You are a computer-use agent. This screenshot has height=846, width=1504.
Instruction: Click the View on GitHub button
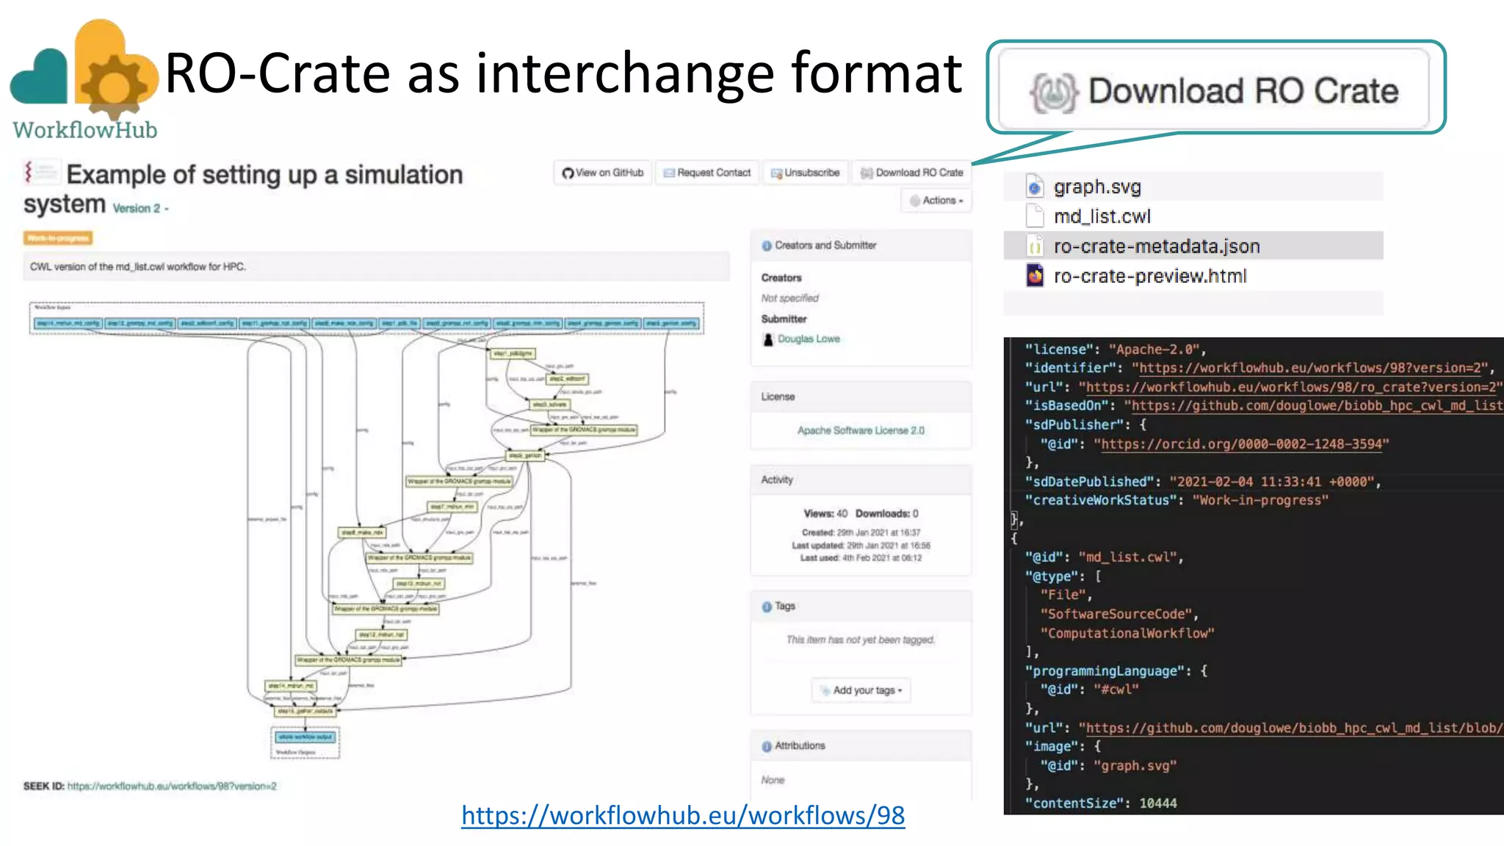tap(603, 173)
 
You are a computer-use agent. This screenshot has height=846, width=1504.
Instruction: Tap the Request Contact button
tap(707, 173)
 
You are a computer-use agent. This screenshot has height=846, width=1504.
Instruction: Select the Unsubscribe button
tap(806, 173)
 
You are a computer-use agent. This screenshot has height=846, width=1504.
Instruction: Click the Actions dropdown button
tap(936, 200)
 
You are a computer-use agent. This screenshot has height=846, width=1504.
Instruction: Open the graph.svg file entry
tap(1097, 187)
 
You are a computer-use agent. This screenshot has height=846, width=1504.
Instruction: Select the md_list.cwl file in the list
tap(1102, 217)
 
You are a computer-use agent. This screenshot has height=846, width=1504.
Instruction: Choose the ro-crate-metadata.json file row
tap(1156, 246)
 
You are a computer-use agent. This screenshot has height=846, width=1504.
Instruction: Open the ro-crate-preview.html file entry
tap(1149, 276)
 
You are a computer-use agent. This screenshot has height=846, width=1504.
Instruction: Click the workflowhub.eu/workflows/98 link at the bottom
tap(683, 815)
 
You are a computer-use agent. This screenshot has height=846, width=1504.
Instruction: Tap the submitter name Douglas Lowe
tap(809, 339)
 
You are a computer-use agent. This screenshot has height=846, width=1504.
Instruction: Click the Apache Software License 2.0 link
tap(861, 430)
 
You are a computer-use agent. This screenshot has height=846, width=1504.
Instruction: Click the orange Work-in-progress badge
tap(58, 238)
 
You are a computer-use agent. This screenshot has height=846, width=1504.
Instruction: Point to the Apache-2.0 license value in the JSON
tap(1157, 350)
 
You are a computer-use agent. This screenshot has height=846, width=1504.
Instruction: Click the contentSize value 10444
tap(1157, 803)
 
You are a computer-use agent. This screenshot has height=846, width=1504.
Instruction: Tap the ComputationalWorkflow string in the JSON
tap(1127, 633)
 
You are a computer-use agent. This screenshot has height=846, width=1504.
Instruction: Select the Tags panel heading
tap(784, 606)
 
